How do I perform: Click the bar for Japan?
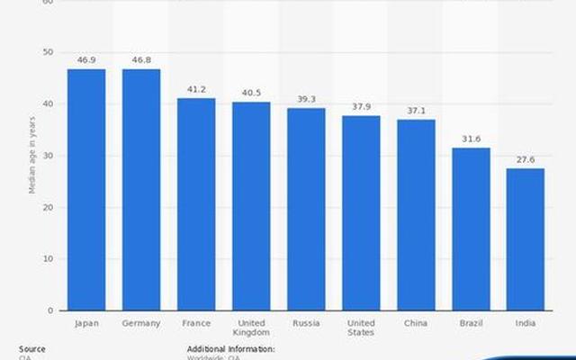tap(86, 190)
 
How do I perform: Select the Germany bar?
tap(141, 190)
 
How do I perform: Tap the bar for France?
tap(196, 204)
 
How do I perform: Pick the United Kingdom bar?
tap(251, 206)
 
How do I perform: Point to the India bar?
tap(526, 239)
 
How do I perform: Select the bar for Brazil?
tap(471, 229)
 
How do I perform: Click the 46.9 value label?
tap(86, 60)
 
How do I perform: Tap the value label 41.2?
tap(196, 89)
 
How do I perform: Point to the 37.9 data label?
tap(361, 106)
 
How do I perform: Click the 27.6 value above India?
tap(526, 159)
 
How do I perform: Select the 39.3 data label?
tap(306, 99)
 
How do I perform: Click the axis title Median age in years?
tap(32, 155)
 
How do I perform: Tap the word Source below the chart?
tap(31, 348)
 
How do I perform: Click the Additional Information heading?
tap(230, 348)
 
